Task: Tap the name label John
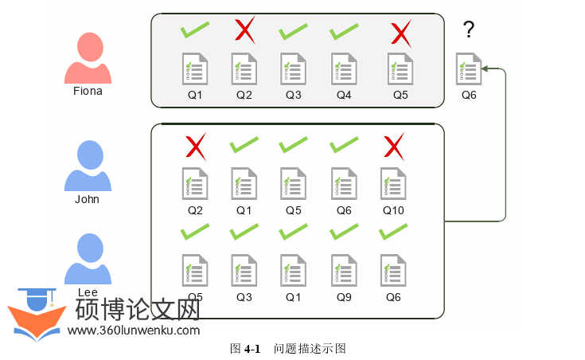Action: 87,199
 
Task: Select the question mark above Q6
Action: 469,30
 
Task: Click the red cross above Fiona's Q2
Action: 244,31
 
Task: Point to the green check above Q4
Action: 344,32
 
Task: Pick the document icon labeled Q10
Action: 393,184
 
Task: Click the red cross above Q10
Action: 393,147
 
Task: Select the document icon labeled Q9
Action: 344,270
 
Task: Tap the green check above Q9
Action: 344,233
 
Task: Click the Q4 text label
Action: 344,95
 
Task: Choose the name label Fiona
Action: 88,91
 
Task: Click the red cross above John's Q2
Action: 195,147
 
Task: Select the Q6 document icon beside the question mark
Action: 469,69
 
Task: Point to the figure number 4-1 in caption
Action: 252,349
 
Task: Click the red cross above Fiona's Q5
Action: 400,32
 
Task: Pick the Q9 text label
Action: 344,296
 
